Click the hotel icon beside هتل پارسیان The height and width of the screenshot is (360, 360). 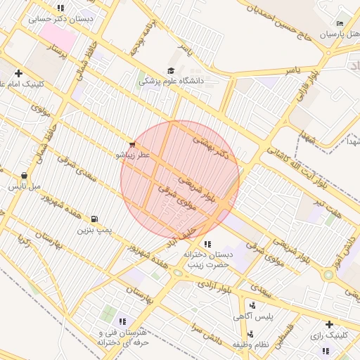tap(340, 23)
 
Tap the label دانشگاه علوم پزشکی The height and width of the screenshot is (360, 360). tap(172, 81)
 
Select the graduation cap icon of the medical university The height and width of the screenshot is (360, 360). tap(171, 70)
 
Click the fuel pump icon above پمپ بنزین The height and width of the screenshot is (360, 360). tap(94, 219)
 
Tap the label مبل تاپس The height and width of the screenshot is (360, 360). tap(24, 187)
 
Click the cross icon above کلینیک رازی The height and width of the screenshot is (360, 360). tap(328, 324)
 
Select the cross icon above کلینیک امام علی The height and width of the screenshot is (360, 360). tap(18, 73)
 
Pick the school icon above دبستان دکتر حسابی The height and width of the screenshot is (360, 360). tap(60, 8)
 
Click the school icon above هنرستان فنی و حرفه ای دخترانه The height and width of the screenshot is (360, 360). tap(122, 321)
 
